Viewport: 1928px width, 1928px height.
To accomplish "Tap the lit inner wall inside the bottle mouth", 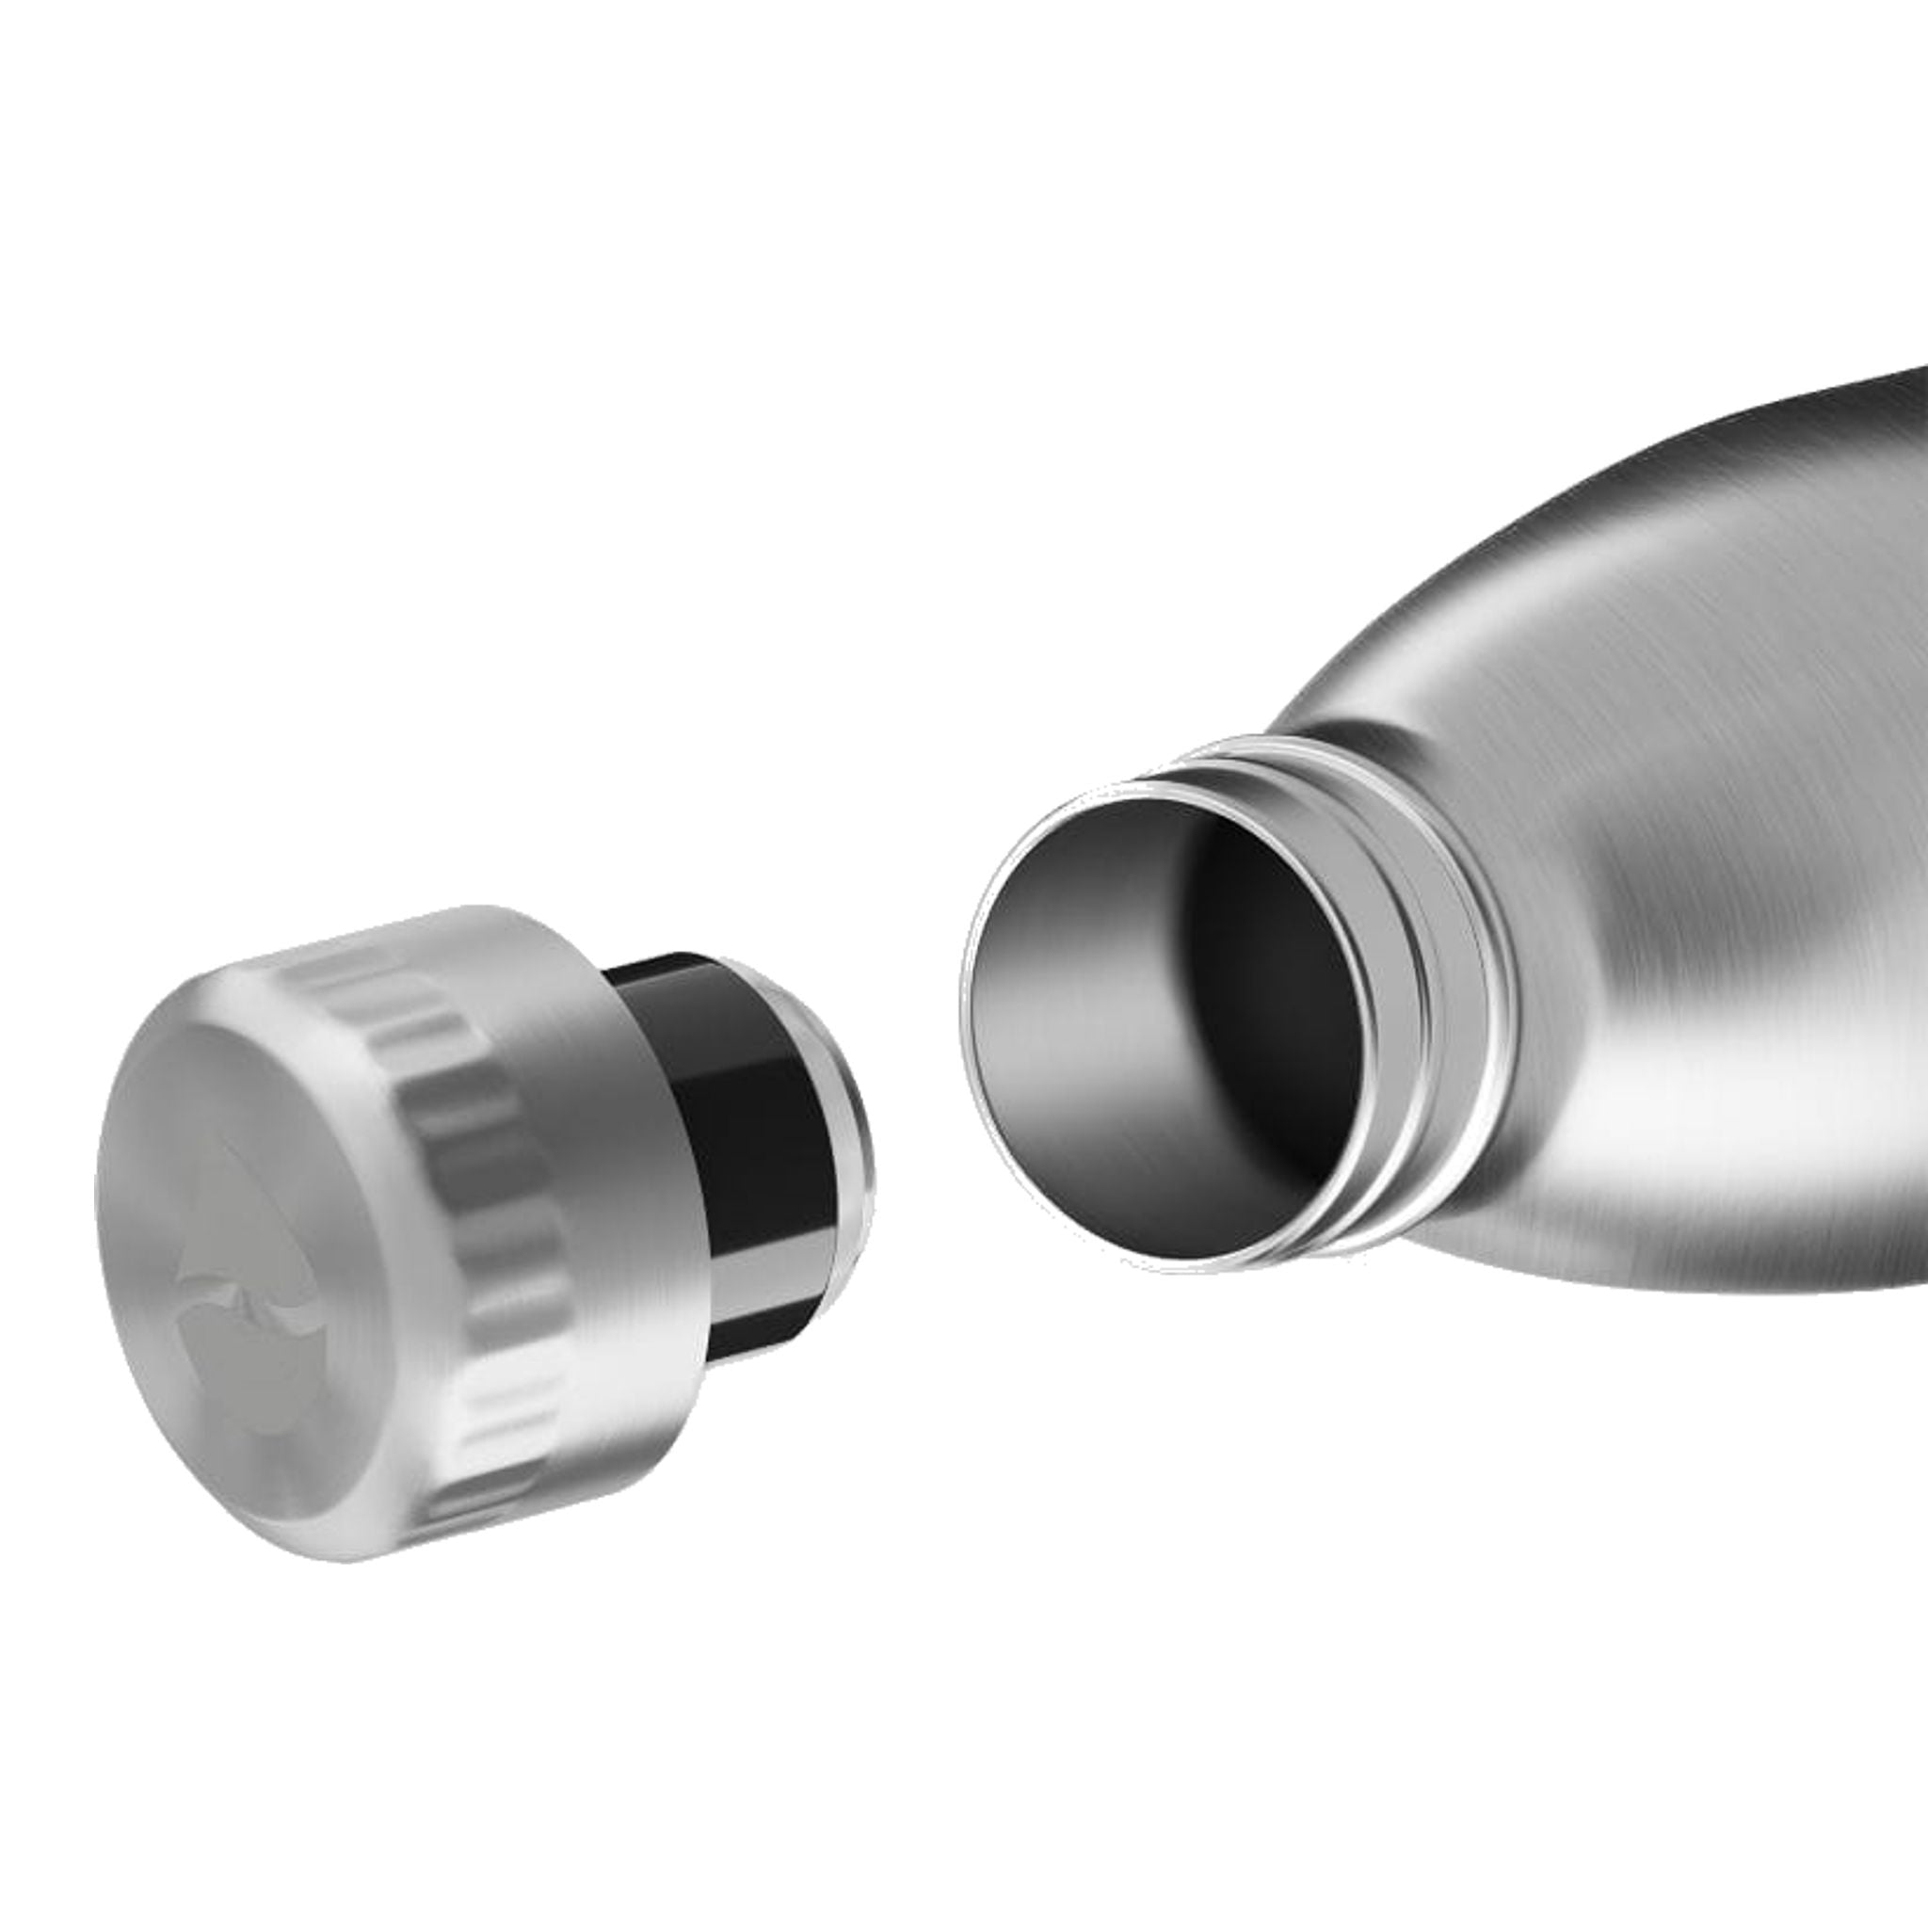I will click(x=1058, y=1018).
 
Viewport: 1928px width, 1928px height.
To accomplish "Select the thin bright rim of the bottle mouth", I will click(x=973, y=1048).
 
